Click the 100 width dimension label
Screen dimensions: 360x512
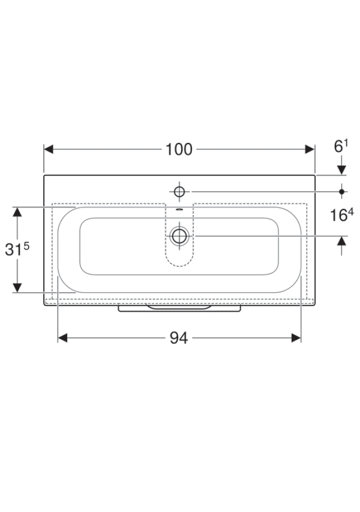(x=179, y=149)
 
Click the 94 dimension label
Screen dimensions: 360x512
(x=179, y=338)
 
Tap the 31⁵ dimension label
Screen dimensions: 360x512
(x=17, y=250)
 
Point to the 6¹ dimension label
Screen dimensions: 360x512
(x=341, y=146)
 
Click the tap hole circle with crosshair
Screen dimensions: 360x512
(x=179, y=191)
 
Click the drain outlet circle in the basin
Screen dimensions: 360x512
(x=179, y=236)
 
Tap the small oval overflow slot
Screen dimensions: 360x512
(x=179, y=210)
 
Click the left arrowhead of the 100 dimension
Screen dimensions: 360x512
(x=49, y=149)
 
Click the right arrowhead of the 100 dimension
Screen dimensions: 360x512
(x=310, y=149)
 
